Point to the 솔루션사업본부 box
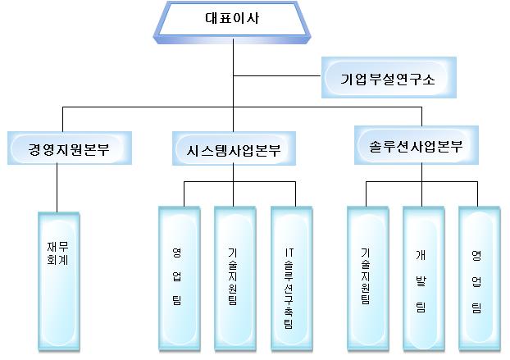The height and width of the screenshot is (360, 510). [x=410, y=147]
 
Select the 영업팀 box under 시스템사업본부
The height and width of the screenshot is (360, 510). [x=177, y=279]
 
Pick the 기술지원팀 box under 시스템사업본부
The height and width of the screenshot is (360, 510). [x=234, y=279]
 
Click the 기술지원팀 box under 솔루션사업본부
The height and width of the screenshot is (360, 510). [x=367, y=279]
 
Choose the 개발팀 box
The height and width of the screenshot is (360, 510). [x=422, y=279]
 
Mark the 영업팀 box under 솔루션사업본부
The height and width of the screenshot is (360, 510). [x=477, y=279]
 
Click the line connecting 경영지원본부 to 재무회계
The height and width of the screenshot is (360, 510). [x=57, y=189]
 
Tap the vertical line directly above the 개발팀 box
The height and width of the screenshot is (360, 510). [x=422, y=194]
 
